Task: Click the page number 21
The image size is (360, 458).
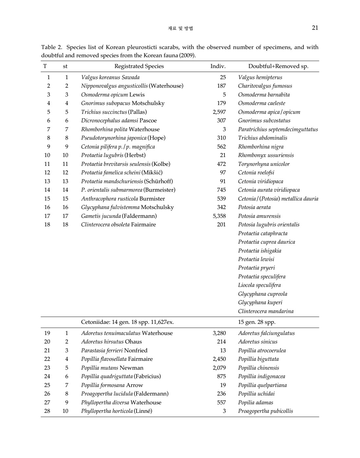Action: pyautogui.click(x=315, y=28)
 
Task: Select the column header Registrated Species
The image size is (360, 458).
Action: pyautogui.click(x=139, y=66)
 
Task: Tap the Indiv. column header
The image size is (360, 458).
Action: pyautogui.click(x=218, y=66)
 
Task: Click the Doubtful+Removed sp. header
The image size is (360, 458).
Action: pyautogui.click(x=278, y=66)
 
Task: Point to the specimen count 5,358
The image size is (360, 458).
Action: pyautogui.click(x=219, y=216)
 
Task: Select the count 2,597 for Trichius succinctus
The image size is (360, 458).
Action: pyautogui.click(x=219, y=112)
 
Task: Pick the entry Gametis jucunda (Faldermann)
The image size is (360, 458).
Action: pyautogui.click(x=119, y=216)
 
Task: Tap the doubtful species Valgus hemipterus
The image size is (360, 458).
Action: pyautogui.click(x=260, y=77)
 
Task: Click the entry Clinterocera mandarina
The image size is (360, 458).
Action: pyautogui.click(x=266, y=311)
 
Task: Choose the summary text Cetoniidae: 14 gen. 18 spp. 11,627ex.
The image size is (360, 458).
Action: pyautogui.click(x=127, y=322)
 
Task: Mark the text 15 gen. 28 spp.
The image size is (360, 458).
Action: pyautogui.click(x=257, y=322)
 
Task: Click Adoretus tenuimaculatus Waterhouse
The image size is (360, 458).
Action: pyautogui.click(x=127, y=333)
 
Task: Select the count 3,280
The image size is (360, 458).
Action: pyautogui.click(x=219, y=333)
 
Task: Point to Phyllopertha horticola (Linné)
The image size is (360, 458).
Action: pyautogui.click(x=117, y=411)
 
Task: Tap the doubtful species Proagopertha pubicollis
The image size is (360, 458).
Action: pyautogui.click(x=265, y=411)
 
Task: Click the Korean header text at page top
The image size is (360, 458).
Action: pyautogui.click(x=180, y=28)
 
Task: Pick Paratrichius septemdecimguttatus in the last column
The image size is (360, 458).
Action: pyautogui.click(x=278, y=129)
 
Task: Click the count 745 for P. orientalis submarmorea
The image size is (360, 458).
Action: pyautogui.click(x=221, y=190)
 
